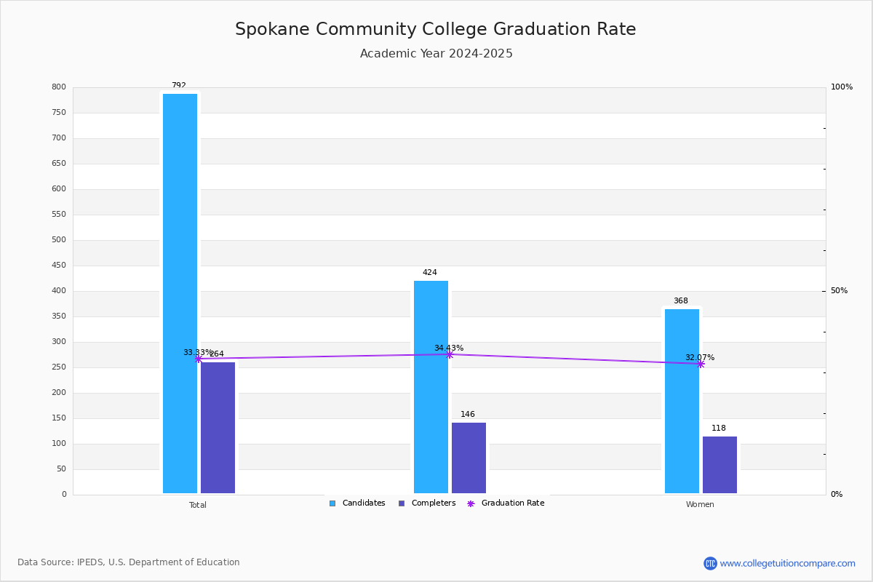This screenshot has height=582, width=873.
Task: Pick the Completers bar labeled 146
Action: (469, 458)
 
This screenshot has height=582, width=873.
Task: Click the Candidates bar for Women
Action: (682, 401)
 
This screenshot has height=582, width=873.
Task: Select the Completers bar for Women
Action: (719, 465)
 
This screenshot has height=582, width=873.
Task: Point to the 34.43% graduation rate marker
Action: (449, 354)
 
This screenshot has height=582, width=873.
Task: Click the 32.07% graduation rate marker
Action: (700, 364)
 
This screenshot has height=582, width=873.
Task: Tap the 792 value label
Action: (179, 86)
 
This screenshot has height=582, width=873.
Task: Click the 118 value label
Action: (719, 428)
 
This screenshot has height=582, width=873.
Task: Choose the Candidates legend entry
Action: (357, 503)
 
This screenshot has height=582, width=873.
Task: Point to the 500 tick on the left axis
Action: (58, 240)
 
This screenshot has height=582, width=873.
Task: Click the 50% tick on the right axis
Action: (839, 291)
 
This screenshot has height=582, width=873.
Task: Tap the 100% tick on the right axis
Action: (841, 87)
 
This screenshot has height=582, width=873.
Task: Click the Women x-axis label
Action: (700, 505)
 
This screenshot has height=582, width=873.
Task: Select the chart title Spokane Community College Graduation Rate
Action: (435, 29)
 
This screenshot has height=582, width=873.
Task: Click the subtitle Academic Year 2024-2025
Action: (436, 54)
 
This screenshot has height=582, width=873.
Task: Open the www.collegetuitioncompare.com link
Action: (787, 563)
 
